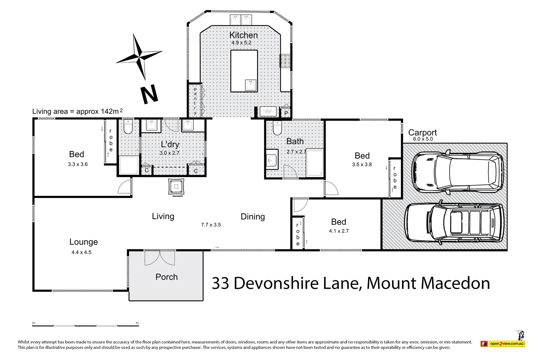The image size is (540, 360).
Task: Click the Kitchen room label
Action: click(243, 35)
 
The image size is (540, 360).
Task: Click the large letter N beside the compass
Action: click(149, 95)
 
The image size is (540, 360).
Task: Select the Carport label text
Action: click(422, 132)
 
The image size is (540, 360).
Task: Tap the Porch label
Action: click(166, 277)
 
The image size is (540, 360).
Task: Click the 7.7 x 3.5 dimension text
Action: click(211, 225)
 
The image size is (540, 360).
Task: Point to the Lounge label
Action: click(83, 242)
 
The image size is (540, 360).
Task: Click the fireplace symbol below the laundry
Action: click(176, 187)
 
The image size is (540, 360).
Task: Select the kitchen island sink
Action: click(250, 85)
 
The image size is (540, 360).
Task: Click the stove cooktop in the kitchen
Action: click(285, 61)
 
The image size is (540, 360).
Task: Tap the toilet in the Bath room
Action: click(277, 128)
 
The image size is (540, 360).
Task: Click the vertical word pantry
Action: click(195, 101)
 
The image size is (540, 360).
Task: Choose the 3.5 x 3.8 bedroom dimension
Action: click(362, 164)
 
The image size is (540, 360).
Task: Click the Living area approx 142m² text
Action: click(77, 111)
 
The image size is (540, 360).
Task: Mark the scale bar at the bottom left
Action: click(85, 325)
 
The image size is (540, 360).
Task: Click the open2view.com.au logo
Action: click(503, 344)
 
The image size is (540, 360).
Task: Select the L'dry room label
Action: click(170, 144)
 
